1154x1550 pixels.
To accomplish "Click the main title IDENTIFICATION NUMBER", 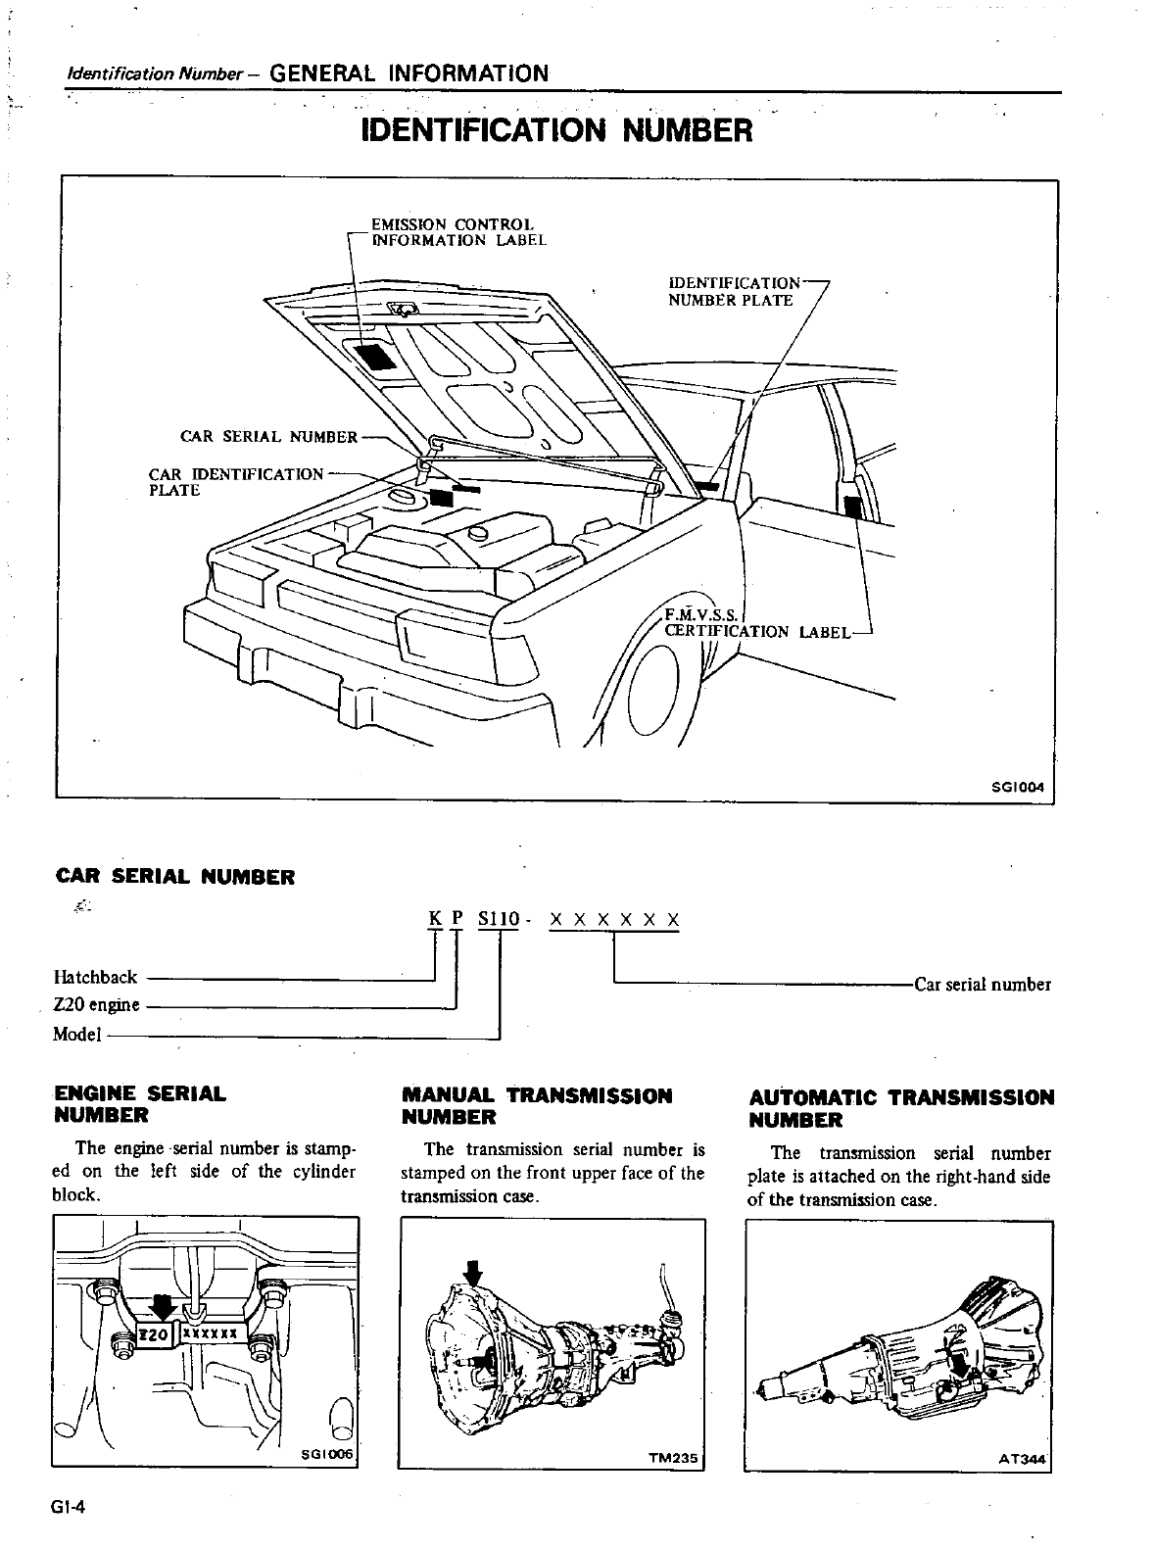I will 556,130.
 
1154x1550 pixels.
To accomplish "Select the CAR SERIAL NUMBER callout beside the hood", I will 269,436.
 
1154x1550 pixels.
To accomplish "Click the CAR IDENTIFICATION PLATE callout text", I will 234,481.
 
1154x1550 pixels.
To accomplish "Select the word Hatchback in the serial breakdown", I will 96,977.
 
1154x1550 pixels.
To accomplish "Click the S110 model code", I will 499,920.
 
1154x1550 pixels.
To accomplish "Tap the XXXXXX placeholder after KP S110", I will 614,920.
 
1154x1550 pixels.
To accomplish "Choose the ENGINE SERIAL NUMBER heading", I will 139,1104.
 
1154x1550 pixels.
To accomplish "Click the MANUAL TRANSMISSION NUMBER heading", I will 537,1105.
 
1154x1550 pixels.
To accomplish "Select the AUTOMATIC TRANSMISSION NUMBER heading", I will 901,1108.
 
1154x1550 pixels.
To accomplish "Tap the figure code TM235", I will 672,1457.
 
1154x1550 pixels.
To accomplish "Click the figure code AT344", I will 1022,1459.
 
